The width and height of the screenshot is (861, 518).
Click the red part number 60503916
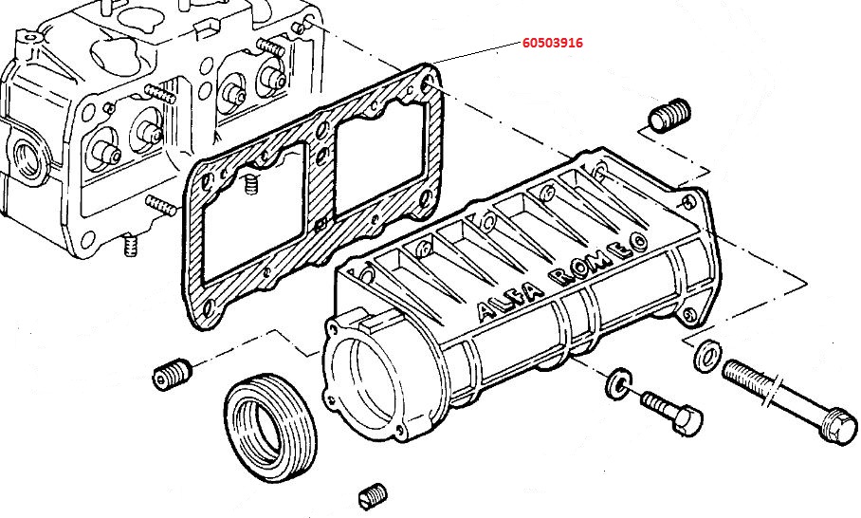pos(552,43)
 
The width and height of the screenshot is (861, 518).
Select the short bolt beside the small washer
pos(672,410)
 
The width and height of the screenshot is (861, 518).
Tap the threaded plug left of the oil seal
pos(172,375)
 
